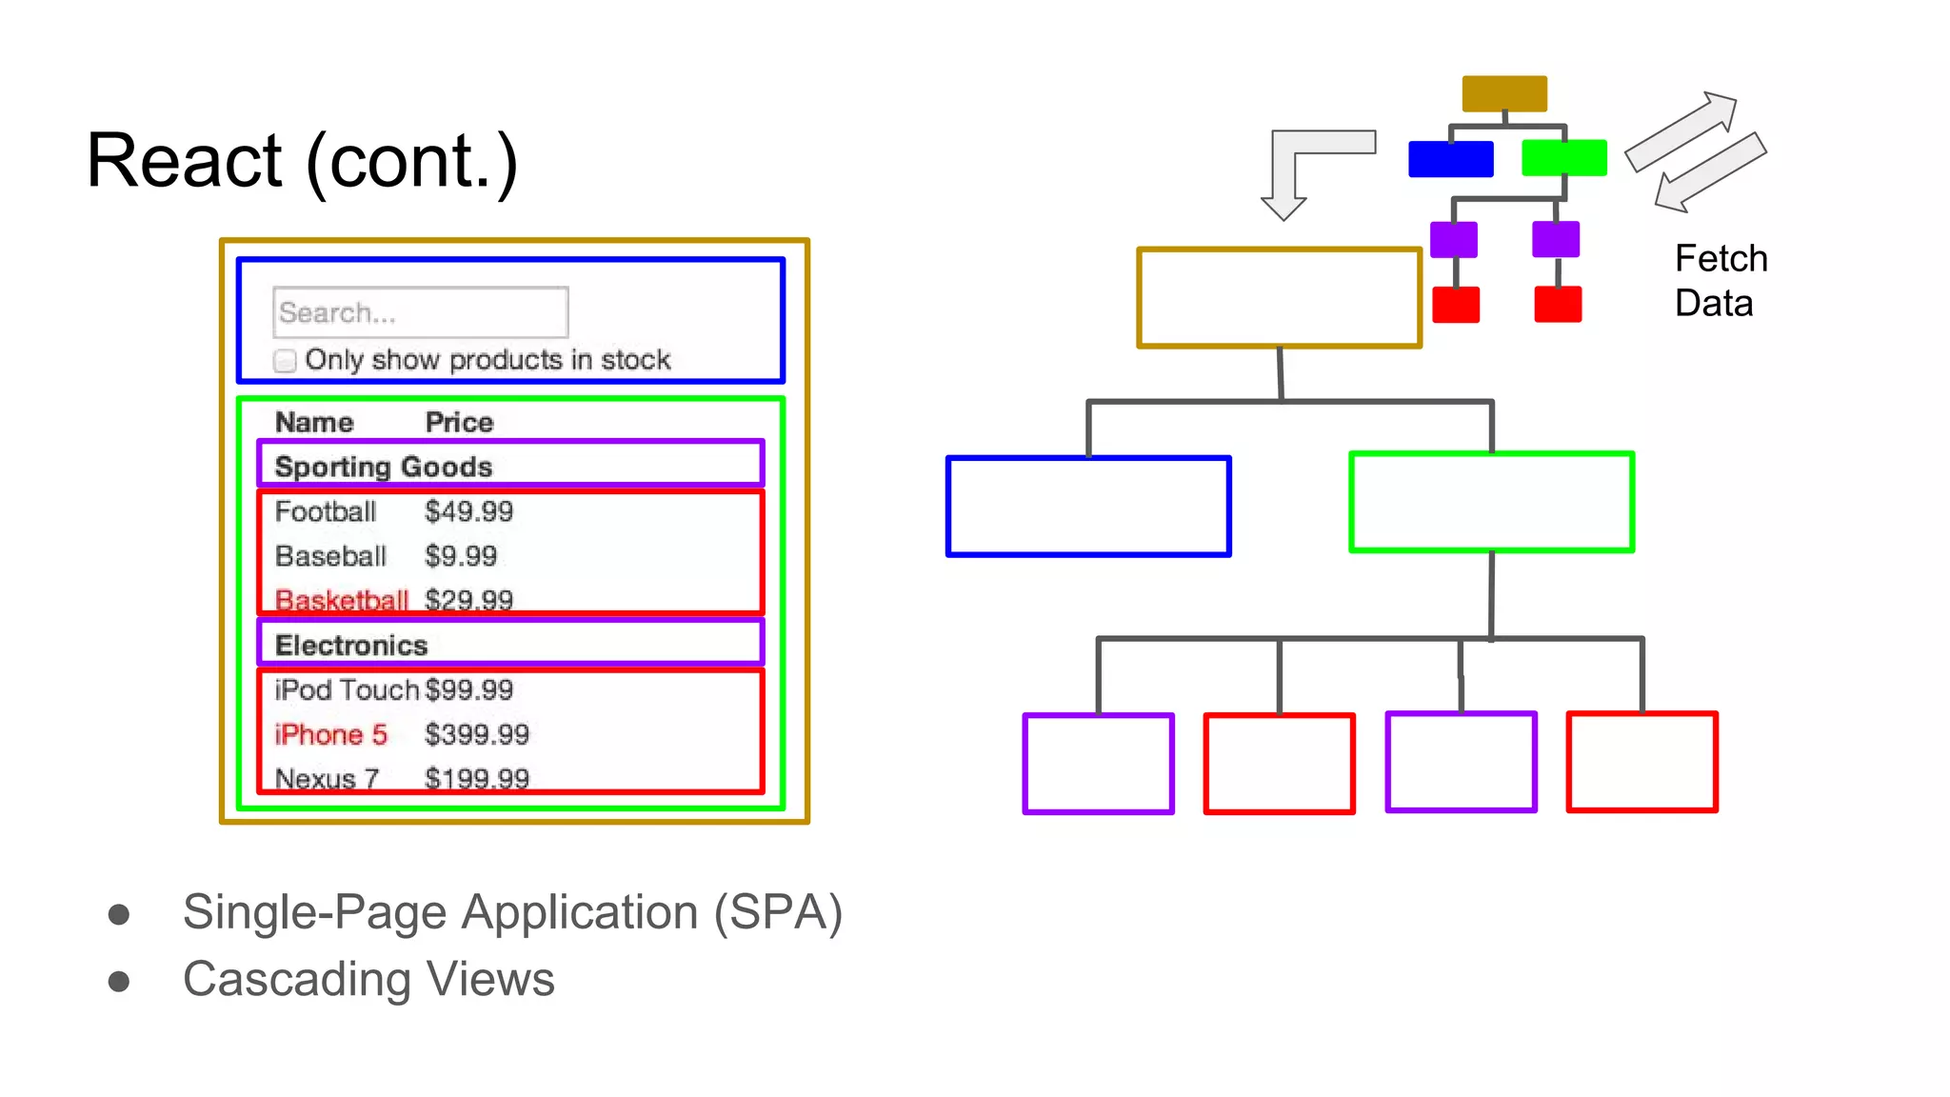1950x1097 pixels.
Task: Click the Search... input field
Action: [420, 312]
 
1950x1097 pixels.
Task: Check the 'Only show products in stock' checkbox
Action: [285, 361]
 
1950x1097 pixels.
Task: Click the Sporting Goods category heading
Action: [383, 467]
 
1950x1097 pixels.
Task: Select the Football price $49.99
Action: [468, 511]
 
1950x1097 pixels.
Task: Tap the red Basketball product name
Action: [341, 600]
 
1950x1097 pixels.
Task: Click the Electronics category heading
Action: [350, 645]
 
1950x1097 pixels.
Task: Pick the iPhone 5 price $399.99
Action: [476, 734]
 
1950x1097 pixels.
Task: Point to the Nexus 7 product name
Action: [327, 778]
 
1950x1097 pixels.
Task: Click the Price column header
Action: [459, 422]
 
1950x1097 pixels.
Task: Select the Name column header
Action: [314, 422]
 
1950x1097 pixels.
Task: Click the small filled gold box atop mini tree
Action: [1504, 93]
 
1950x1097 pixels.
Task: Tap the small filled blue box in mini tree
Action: [1450, 158]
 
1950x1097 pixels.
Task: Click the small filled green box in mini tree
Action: [1563, 157]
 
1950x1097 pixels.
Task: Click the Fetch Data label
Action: [1720, 281]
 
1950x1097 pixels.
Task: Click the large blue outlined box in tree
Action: [1088, 506]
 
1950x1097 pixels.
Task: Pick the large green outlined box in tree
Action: [1491, 502]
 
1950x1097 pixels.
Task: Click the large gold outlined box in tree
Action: [1279, 298]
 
